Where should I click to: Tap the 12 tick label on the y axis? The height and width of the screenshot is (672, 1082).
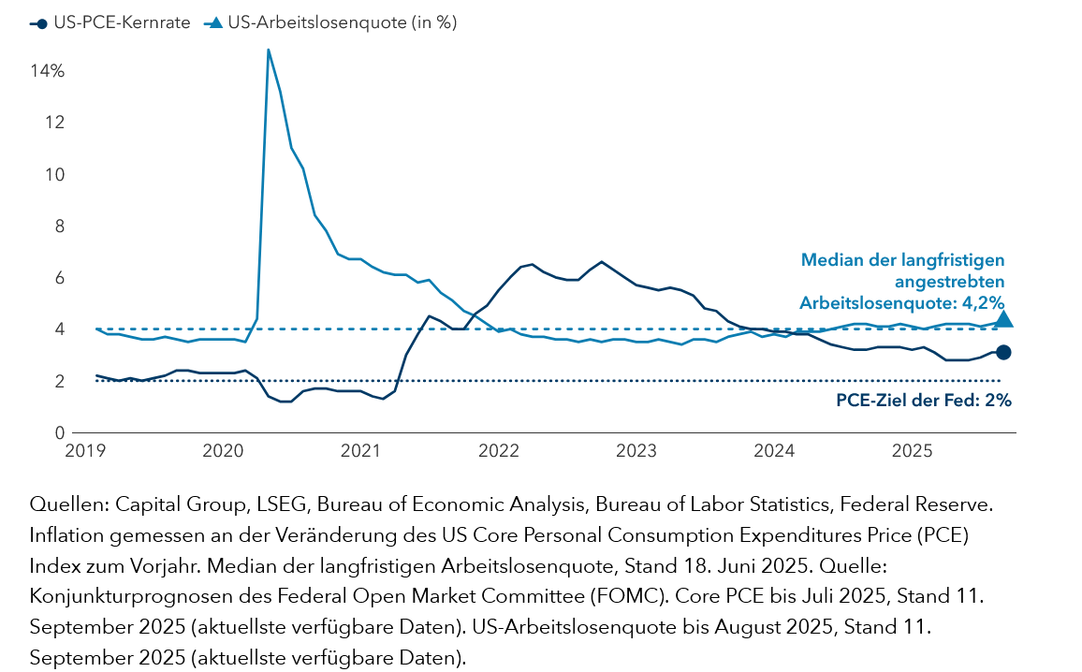click(x=55, y=123)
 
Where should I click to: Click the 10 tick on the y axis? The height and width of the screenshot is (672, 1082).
click(x=55, y=175)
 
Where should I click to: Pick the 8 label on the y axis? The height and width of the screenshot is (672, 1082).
click(x=59, y=226)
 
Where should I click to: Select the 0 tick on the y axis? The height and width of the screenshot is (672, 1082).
click(x=59, y=433)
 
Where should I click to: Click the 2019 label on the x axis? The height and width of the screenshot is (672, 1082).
click(x=86, y=452)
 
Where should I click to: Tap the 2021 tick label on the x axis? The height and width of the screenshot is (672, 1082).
click(x=360, y=452)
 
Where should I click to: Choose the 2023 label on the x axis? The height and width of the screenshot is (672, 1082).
click(x=636, y=452)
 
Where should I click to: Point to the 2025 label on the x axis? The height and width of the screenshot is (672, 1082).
click(x=912, y=452)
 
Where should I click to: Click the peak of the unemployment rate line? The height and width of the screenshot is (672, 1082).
click(x=269, y=50)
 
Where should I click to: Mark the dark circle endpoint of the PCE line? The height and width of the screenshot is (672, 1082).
click(x=1003, y=352)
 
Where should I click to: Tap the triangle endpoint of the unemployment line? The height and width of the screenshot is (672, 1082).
click(x=1003, y=319)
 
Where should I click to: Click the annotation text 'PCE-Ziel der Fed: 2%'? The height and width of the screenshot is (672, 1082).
click(x=923, y=401)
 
